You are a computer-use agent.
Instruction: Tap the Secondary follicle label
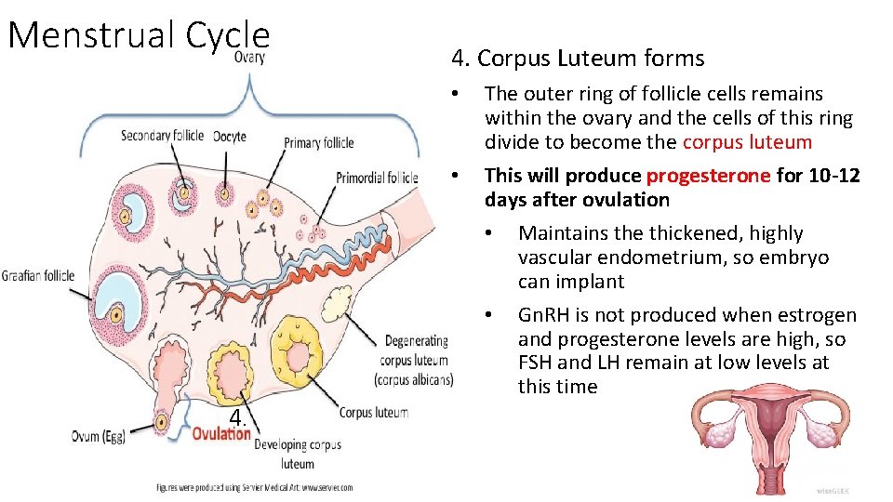coord(162,136)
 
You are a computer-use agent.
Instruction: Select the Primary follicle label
coord(319,143)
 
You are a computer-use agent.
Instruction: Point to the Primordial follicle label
coord(377,178)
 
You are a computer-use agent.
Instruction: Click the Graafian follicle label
coord(37,275)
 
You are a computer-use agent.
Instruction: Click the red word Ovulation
coord(221,434)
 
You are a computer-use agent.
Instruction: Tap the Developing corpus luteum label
coord(298,454)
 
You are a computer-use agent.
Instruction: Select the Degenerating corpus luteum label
coord(414,360)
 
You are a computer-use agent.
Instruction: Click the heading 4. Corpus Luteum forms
coord(578,59)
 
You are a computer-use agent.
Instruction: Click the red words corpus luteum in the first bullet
coord(747,142)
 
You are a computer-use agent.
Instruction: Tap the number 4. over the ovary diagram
coord(238,417)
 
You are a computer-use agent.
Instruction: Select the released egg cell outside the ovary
coord(162,421)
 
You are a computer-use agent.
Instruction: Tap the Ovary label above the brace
coord(248,58)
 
